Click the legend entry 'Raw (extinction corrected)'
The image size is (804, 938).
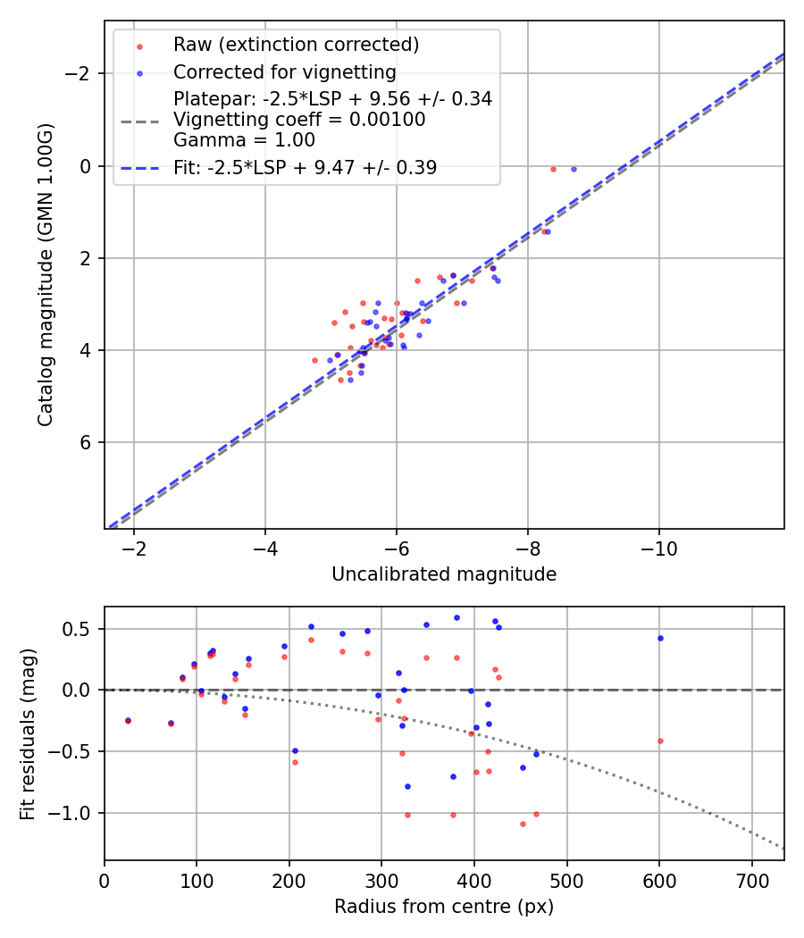coord(296,45)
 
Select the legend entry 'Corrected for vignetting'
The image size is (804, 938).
coord(284,71)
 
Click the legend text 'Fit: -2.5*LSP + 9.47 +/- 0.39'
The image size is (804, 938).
coord(305,167)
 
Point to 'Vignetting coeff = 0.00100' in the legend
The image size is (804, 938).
coord(299,120)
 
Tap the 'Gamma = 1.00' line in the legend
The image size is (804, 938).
coord(244,139)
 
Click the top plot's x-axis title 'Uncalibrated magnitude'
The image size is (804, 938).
coord(444,574)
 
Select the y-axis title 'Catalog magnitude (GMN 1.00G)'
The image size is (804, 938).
coord(46,274)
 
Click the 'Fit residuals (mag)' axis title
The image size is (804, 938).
coord(28,734)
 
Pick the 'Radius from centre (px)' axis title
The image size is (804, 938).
coord(444,907)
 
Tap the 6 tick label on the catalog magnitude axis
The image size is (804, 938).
coord(87,443)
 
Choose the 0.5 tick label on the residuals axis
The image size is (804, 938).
coord(80,629)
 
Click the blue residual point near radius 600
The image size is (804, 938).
coord(660,638)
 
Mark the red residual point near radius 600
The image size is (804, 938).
coord(660,741)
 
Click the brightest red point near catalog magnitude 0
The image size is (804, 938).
coord(553,169)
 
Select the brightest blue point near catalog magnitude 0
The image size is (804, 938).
coord(574,169)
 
